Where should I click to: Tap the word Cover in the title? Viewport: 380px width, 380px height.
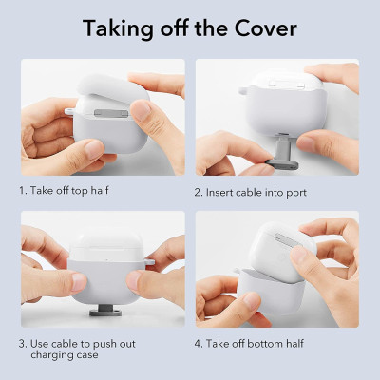267,28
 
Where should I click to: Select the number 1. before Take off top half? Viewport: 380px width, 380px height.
24,190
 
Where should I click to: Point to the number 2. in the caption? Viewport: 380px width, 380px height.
199,193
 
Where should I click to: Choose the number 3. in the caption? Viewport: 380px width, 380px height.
24,341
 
